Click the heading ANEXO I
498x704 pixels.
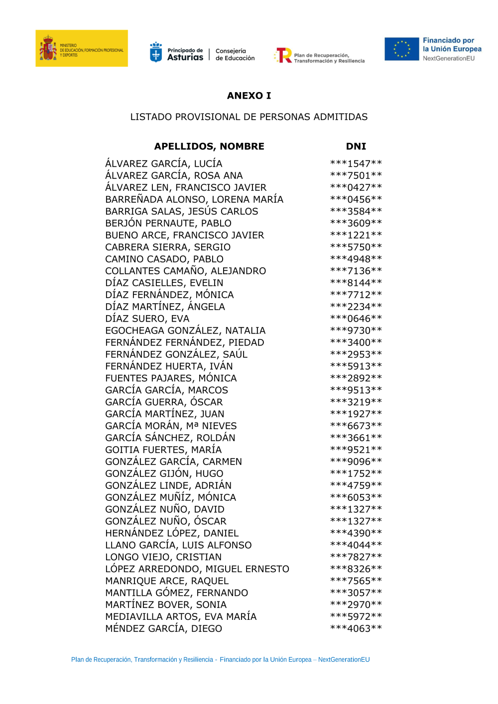[249, 96]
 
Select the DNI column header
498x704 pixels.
[356, 146]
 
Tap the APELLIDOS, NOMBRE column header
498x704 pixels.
[209, 146]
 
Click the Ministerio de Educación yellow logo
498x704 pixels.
[82, 48]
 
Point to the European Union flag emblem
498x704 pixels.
[402, 49]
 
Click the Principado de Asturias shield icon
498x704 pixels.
[156, 52]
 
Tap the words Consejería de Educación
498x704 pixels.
[235, 55]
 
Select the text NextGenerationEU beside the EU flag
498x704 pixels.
[449, 59]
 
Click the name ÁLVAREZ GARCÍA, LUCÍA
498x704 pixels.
[164, 164]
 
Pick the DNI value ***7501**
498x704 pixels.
[356, 176]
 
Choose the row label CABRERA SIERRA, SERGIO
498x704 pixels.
[168, 247]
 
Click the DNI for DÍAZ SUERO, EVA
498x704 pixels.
[356, 319]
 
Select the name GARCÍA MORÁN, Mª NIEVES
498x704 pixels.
[171, 426]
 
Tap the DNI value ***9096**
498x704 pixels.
[356, 462]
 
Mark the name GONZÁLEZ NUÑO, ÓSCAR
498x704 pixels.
[166, 521]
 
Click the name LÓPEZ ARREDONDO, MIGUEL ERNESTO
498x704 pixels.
[197, 569]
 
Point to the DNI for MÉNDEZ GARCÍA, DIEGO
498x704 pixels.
[356, 629]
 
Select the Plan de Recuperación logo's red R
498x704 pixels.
[284, 55]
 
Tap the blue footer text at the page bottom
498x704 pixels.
[221, 660]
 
